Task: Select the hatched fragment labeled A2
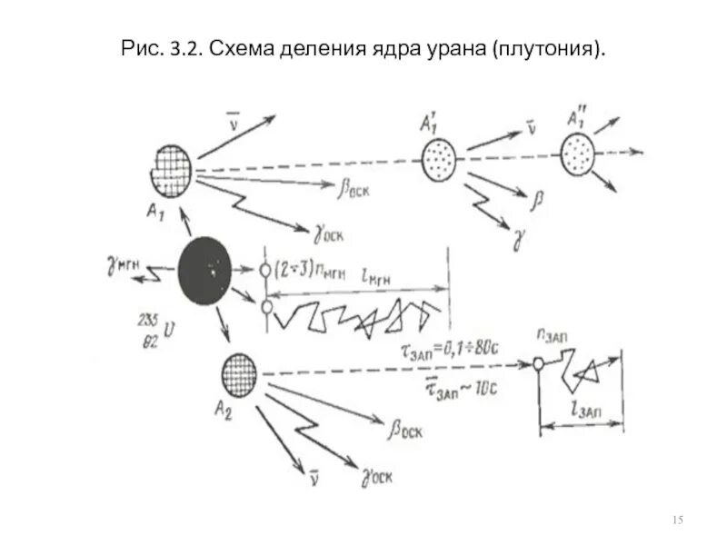coord(240,373)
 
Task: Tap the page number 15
coord(677,518)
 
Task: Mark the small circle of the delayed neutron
coord(539,364)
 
